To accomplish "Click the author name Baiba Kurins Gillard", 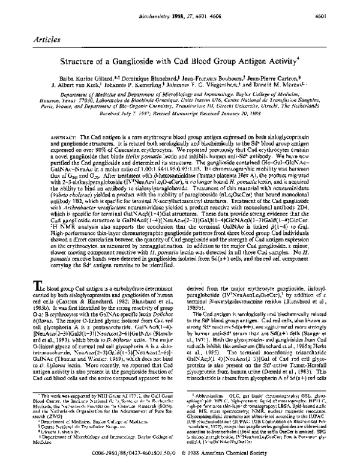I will (92, 77).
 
